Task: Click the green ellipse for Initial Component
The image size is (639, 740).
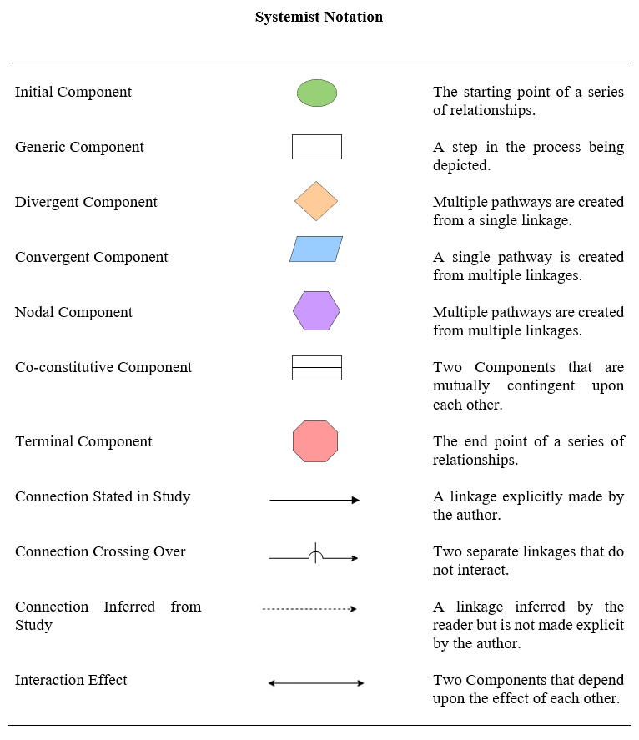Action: tap(317, 93)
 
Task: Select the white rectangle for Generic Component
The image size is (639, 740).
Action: tap(317, 147)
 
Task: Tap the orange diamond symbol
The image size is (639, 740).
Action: tap(316, 201)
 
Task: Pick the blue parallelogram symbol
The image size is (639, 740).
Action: tap(316, 249)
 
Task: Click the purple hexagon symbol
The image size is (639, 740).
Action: tap(316, 310)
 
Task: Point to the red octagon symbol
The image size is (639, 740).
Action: tap(315, 441)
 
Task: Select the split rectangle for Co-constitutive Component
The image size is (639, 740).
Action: tap(317, 368)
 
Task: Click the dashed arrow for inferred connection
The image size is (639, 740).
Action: tap(309, 609)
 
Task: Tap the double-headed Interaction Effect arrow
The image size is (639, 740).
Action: tap(316, 683)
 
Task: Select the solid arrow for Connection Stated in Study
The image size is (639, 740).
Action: tap(314, 500)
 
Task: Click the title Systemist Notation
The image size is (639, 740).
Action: tap(319, 17)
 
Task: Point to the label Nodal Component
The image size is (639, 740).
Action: tap(73, 312)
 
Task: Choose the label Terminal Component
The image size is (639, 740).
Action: tap(83, 441)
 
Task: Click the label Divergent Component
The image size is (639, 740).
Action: tap(86, 202)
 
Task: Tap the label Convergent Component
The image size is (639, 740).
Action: tap(92, 257)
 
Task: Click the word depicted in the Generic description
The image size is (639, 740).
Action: tap(460, 166)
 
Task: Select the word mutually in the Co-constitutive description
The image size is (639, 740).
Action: tap(461, 386)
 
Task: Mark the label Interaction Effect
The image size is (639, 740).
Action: tap(71, 680)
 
